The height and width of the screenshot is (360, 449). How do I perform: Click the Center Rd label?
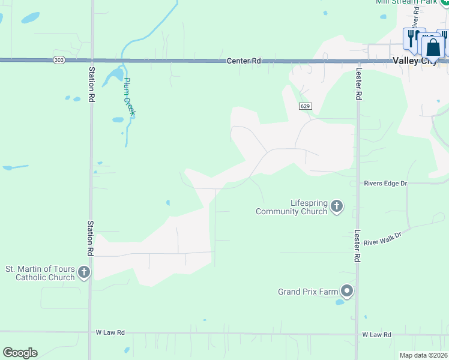(x=244, y=61)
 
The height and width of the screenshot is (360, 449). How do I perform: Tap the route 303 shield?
(x=58, y=60)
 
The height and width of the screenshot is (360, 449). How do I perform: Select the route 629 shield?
(x=305, y=106)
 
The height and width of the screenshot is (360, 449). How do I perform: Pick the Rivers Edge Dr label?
(x=385, y=183)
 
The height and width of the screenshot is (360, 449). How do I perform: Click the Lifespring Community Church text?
(x=292, y=207)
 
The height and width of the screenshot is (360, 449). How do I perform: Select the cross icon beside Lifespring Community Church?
(x=337, y=207)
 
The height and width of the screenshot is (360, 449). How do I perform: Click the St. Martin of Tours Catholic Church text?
(x=40, y=273)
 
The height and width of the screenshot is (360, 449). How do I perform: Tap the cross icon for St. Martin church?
(x=84, y=273)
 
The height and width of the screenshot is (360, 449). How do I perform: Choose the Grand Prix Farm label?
(x=308, y=292)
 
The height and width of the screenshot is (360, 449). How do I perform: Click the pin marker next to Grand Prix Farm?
(x=347, y=292)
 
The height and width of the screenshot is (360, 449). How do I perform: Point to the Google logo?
(x=20, y=353)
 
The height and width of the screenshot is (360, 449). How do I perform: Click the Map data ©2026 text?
(x=423, y=355)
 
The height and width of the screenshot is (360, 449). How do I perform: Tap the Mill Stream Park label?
(x=405, y=2)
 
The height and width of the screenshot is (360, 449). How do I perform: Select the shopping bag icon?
(x=433, y=47)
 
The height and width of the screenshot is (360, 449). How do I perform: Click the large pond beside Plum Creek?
(x=113, y=77)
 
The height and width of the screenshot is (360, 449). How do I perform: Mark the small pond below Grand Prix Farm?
(x=340, y=302)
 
